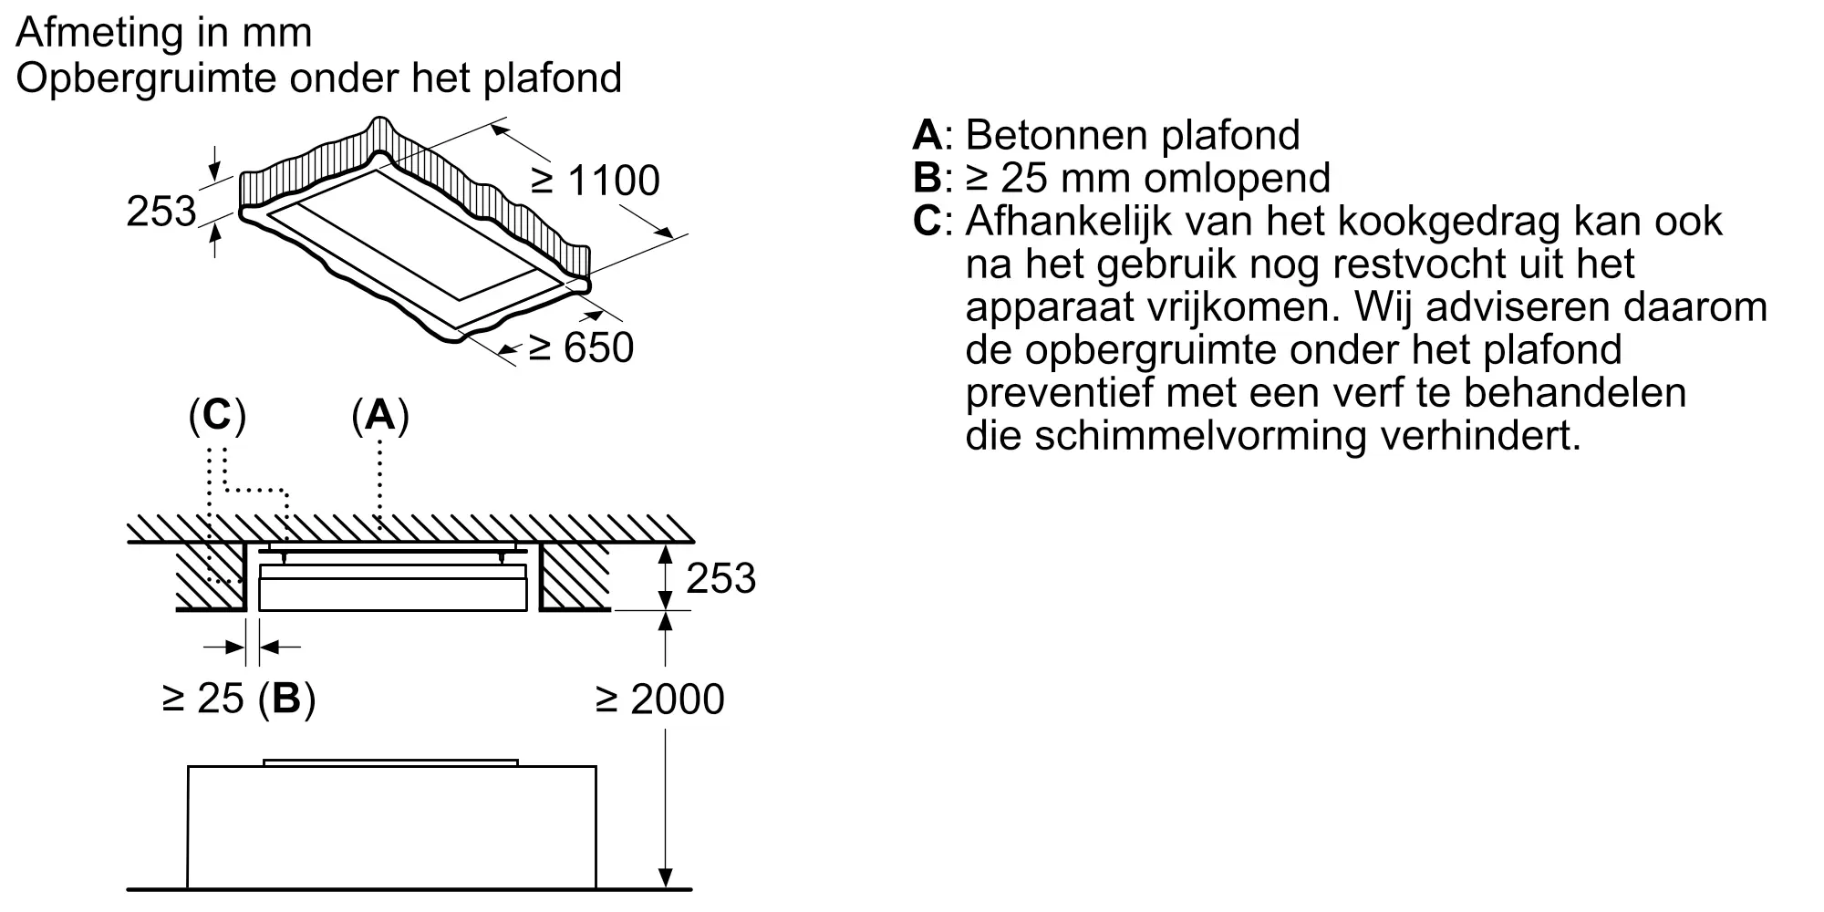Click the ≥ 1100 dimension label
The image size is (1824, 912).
(x=595, y=181)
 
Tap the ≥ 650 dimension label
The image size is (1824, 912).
(x=581, y=347)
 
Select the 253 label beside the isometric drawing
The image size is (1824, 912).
(x=161, y=212)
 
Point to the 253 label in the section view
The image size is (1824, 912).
(x=721, y=578)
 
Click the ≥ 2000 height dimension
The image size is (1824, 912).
(x=660, y=700)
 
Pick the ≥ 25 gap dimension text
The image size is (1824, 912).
(x=203, y=699)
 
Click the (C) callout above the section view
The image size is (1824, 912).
(x=217, y=416)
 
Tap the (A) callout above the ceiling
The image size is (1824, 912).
(x=379, y=416)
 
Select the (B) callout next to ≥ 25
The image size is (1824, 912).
(x=287, y=700)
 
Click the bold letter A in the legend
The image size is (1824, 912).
(x=928, y=135)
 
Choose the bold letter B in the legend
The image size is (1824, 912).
(x=928, y=178)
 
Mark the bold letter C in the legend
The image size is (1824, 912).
(x=928, y=221)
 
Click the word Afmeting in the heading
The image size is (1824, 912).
(x=92, y=33)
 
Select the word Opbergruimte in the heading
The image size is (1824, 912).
(x=152, y=78)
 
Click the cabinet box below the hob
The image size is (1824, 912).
(x=392, y=826)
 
